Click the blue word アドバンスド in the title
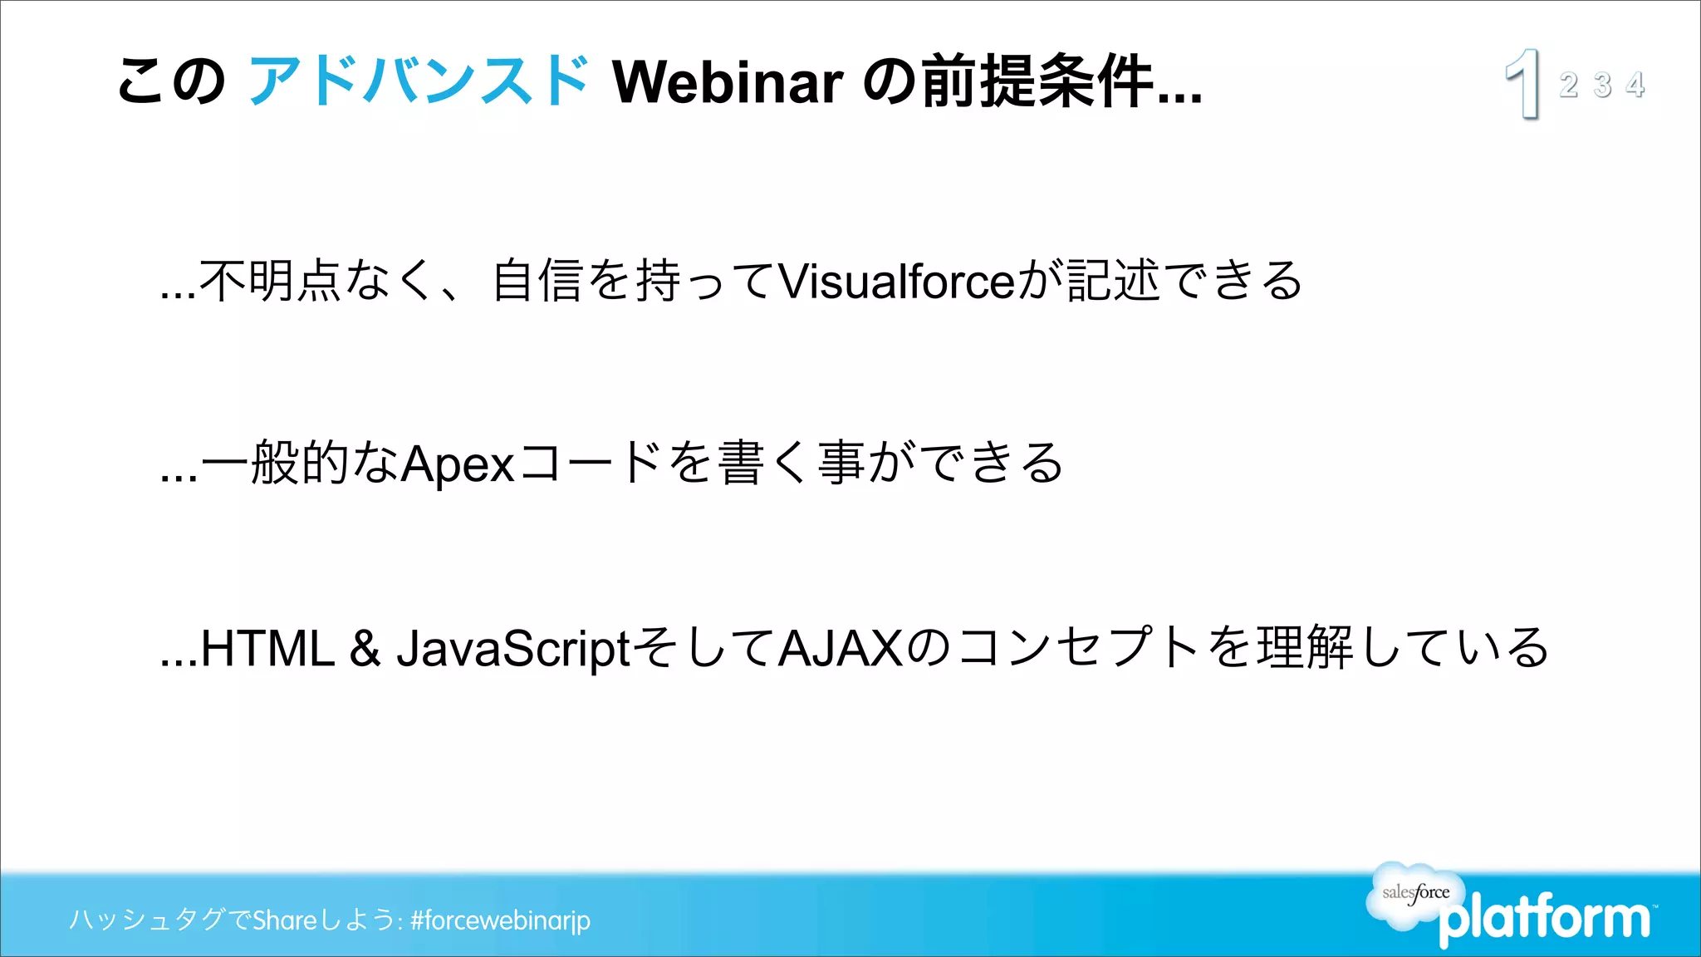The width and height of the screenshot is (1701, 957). (419, 81)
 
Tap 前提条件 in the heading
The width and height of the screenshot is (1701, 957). (1038, 81)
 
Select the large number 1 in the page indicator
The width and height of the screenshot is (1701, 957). (1524, 83)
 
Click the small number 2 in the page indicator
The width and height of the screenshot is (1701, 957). (1568, 85)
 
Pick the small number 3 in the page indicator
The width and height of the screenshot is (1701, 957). (1602, 85)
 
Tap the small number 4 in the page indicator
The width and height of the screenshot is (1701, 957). (1635, 85)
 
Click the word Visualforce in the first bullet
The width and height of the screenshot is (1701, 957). (897, 281)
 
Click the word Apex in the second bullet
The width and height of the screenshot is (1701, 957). (458, 464)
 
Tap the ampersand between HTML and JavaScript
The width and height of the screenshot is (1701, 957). (365, 648)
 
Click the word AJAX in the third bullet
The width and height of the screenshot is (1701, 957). (841, 648)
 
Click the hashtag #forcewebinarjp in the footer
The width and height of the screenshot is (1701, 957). (500, 920)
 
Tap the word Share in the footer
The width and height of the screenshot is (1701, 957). (285, 920)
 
